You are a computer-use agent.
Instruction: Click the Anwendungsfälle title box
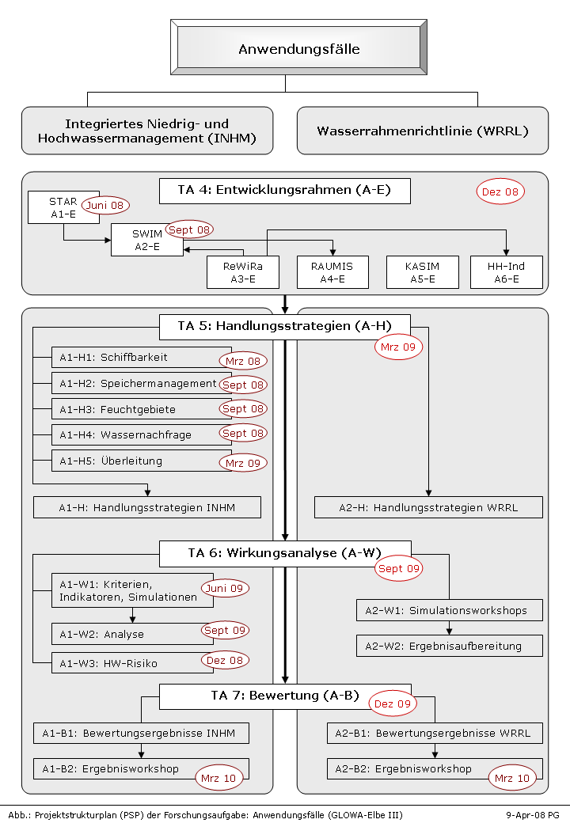point(298,47)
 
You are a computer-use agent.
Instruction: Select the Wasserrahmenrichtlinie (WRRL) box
point(423,131)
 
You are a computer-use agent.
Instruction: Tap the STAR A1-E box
point(63,207)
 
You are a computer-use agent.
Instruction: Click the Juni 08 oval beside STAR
point(105,205)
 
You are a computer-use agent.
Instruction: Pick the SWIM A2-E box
point(147,240)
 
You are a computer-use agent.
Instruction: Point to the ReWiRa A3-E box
point(243,272)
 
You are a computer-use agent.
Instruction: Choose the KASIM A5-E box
point(423,272)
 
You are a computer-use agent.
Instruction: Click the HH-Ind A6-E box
point(507,272)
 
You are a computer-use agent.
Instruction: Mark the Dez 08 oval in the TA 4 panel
point(500,192)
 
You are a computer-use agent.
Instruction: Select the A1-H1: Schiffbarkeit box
point(142,357)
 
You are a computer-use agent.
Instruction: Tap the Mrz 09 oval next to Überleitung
point(243,463)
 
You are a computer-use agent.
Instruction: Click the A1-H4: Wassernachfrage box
point(142,434)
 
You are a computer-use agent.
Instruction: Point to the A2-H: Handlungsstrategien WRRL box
point(428,507)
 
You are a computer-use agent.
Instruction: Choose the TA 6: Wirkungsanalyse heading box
point(285,554)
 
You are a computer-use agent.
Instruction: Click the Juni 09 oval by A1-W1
point(225,589)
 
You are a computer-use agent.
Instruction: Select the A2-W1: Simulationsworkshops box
point(450,610)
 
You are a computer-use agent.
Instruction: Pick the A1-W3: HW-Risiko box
point(133,663)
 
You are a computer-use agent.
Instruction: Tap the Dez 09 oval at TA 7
point(393,704)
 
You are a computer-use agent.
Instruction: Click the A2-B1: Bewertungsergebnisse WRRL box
point(435,734)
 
